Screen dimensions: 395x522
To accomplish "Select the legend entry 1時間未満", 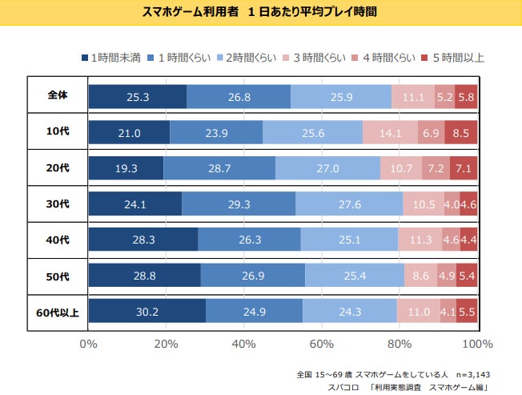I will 112,58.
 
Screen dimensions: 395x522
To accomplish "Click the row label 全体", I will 57,95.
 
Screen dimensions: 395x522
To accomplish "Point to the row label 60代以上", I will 57,311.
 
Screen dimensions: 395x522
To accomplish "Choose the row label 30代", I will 57,203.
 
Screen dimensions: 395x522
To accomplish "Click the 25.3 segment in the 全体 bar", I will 137,96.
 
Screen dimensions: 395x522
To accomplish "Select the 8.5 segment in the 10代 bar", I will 461,132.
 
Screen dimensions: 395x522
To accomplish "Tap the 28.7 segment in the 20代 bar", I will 219,168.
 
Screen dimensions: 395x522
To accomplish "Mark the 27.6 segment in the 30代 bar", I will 349,204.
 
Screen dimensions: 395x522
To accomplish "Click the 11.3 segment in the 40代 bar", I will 420,240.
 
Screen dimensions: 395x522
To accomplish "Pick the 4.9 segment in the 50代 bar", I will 447,276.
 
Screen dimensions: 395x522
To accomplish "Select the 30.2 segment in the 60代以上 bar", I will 147,311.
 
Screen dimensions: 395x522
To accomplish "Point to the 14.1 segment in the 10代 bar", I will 390,132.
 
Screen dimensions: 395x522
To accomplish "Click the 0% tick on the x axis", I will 88,345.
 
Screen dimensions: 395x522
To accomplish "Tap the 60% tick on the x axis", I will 322,345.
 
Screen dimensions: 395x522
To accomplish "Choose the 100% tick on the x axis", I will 478,345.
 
